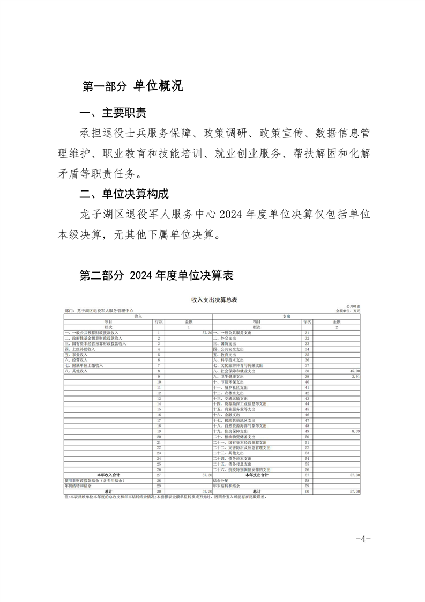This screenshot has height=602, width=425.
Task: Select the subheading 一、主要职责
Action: point(113,114)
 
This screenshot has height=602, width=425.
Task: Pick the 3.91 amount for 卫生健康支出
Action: point(355,377)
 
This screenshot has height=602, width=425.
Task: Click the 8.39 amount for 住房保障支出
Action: point(354,431)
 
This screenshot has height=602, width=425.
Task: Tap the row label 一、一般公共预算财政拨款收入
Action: point(92,333)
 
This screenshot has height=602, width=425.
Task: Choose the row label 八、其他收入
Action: point(75,371)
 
